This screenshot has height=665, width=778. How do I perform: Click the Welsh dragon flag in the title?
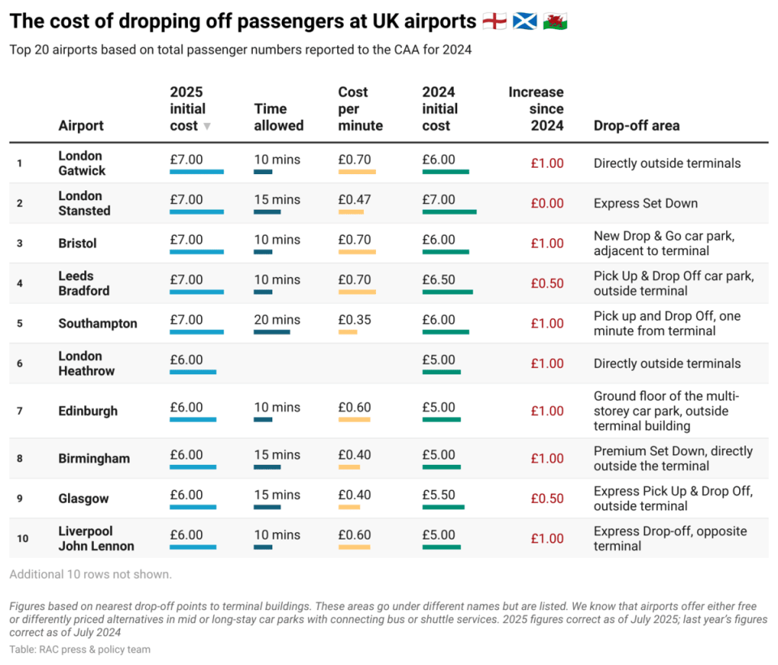coord(554,21)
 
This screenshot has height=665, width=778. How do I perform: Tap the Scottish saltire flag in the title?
coord(524,21)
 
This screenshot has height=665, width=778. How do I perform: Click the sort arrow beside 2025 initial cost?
coord(207,126)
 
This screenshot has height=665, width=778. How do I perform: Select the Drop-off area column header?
coord(637,126)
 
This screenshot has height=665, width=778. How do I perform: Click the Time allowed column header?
coord(279,117)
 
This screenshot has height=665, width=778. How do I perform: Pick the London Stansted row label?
coord(84,203)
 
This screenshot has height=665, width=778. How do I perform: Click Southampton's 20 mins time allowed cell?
coord(277,320)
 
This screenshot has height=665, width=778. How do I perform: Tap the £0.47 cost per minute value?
coord(354,200)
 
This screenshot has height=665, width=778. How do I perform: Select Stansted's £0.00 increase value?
coord(547,203)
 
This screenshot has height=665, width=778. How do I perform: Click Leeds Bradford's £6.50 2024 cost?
coord(438,279)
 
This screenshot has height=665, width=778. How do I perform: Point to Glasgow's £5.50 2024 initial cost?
coord(438,495)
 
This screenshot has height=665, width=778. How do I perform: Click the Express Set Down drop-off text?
coord(646,203)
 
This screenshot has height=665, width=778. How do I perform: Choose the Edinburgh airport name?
coord(88,411)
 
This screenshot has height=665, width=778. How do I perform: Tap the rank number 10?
coord(23,539)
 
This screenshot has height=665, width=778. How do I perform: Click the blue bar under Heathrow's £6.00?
coord(193,372)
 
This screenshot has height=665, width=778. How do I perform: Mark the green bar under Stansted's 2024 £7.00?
coord(450,211)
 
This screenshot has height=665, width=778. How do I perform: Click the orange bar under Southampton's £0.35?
coord(348,332)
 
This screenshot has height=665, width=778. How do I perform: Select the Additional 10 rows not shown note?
coord(90,574)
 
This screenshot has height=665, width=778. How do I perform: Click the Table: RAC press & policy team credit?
coord(80,650)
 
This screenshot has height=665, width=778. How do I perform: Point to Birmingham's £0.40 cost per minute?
coord(354,454)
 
